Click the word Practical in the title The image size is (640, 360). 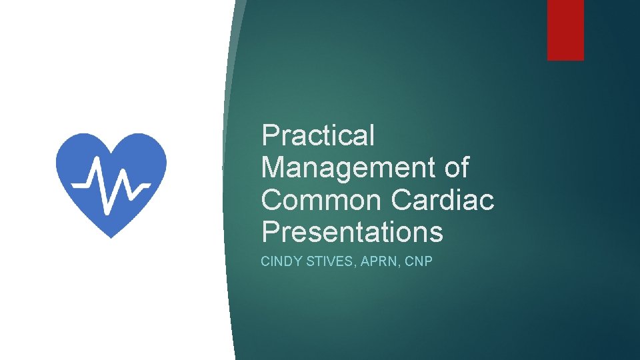318,136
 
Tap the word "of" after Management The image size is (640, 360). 456,167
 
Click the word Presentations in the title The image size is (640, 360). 352,232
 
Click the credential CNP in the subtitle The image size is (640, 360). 417,261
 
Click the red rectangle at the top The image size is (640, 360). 565,30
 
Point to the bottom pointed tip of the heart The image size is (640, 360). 111,237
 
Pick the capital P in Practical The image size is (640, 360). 270,136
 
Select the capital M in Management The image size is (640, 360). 273,167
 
